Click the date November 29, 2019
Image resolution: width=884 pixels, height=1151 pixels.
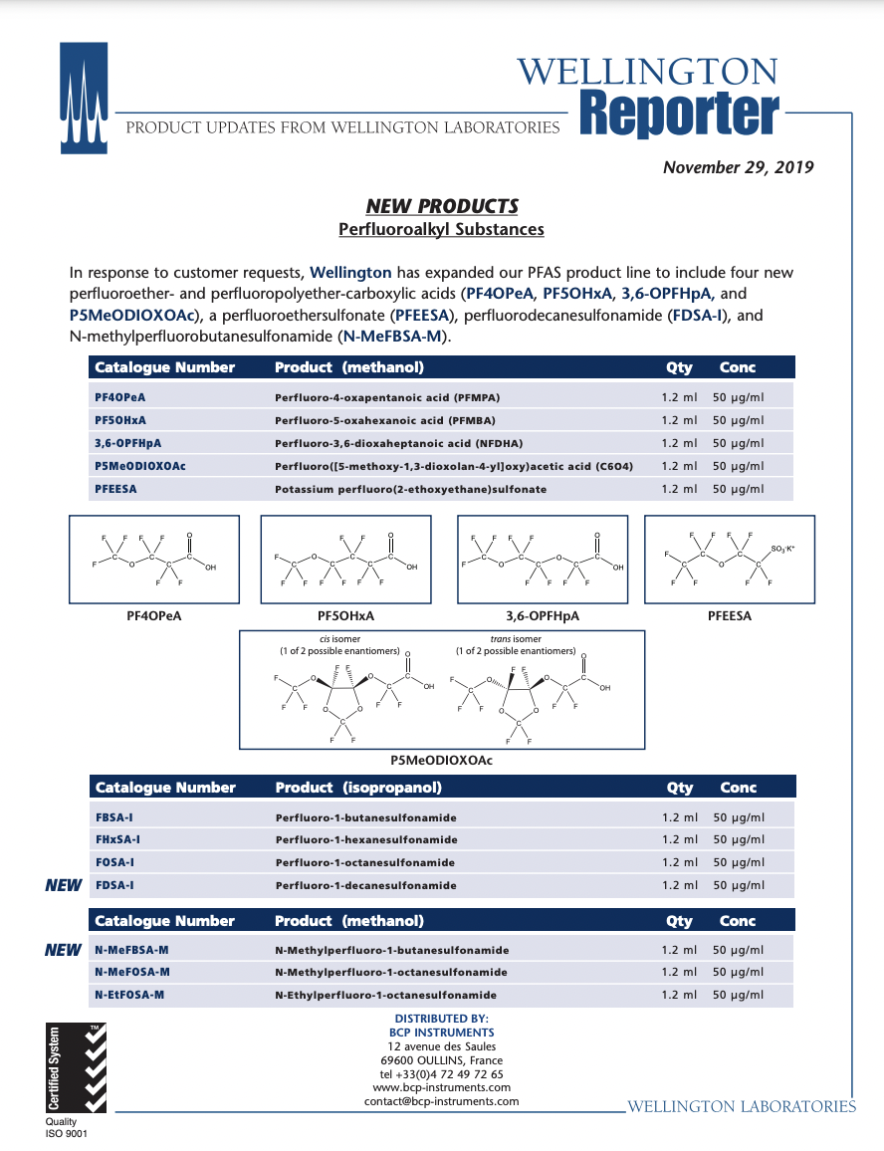(x=738, y=167)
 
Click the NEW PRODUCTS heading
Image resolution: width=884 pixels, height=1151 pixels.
(x=442, y=206)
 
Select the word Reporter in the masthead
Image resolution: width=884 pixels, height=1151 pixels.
(x=677, y=115)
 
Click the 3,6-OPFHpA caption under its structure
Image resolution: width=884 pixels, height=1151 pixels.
(x=543, y=616)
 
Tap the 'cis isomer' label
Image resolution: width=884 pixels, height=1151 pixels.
(x=339, y=639)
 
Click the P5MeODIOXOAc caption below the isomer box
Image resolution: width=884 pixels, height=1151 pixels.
(x=441, y=760)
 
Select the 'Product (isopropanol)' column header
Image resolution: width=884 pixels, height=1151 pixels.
(x=358, y=788)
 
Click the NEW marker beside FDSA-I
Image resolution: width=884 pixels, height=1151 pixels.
(x=64, y=885)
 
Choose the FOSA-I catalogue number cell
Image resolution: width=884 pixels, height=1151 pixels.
(x=114, y=862)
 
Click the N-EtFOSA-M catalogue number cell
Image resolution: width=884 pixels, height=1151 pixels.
(x=129, y=995)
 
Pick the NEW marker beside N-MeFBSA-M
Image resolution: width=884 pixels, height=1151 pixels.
(x=64, y=950)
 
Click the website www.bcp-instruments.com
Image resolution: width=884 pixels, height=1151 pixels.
(x=441, y=1088)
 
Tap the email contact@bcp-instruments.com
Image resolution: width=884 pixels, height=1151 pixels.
(x=441, y=1101)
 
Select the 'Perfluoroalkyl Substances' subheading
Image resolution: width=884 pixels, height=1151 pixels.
(x=441, y=229)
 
